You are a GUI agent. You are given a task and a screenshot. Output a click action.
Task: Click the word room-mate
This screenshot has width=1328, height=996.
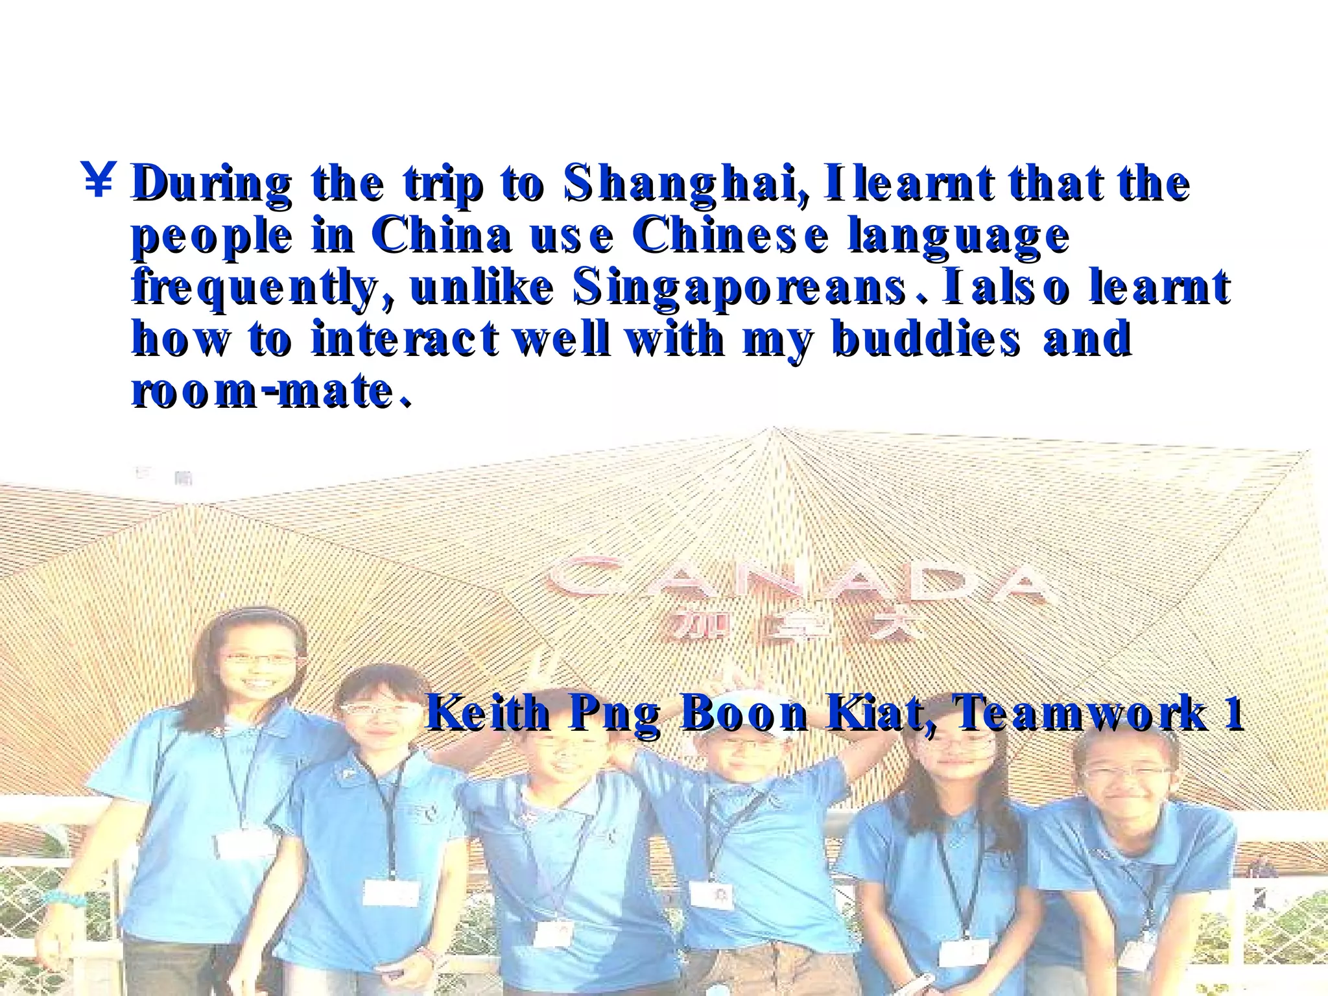pyautogui.click(x=271, y=391)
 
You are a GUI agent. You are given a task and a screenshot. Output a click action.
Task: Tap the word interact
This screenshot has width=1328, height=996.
pyautogui.click(x=405, y=339)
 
